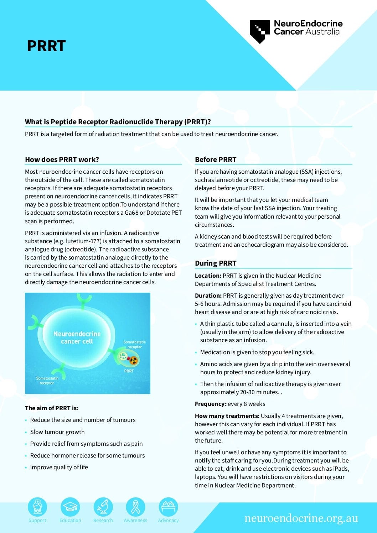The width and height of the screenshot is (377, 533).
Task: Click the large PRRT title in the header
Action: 46,46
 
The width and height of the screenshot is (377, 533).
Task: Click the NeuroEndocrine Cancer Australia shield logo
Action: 260,31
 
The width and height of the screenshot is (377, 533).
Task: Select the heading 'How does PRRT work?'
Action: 62,160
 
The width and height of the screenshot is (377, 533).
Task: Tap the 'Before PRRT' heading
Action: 216,160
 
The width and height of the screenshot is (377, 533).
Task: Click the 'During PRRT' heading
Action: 216,263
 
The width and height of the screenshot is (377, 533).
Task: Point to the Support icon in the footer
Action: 37,507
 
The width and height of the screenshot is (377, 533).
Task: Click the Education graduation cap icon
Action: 70,507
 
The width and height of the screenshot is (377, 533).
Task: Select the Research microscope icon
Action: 103,507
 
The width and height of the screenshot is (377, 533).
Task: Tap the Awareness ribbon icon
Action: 135,507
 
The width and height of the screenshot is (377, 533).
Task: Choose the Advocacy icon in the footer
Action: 168,507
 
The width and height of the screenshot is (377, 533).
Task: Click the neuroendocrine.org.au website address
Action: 301,518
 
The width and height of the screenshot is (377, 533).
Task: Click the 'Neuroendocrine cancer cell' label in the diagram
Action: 77,338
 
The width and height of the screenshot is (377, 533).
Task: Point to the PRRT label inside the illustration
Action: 129,371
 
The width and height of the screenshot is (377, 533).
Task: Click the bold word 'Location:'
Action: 208,276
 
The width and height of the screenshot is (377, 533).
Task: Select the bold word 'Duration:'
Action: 208,296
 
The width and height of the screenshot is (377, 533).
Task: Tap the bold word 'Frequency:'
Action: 211,404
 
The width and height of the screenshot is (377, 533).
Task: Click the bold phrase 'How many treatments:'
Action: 227,416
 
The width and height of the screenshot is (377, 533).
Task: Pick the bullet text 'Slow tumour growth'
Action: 57,432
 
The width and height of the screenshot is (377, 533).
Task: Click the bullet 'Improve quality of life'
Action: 59,467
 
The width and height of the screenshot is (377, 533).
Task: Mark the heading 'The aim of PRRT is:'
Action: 51,408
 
